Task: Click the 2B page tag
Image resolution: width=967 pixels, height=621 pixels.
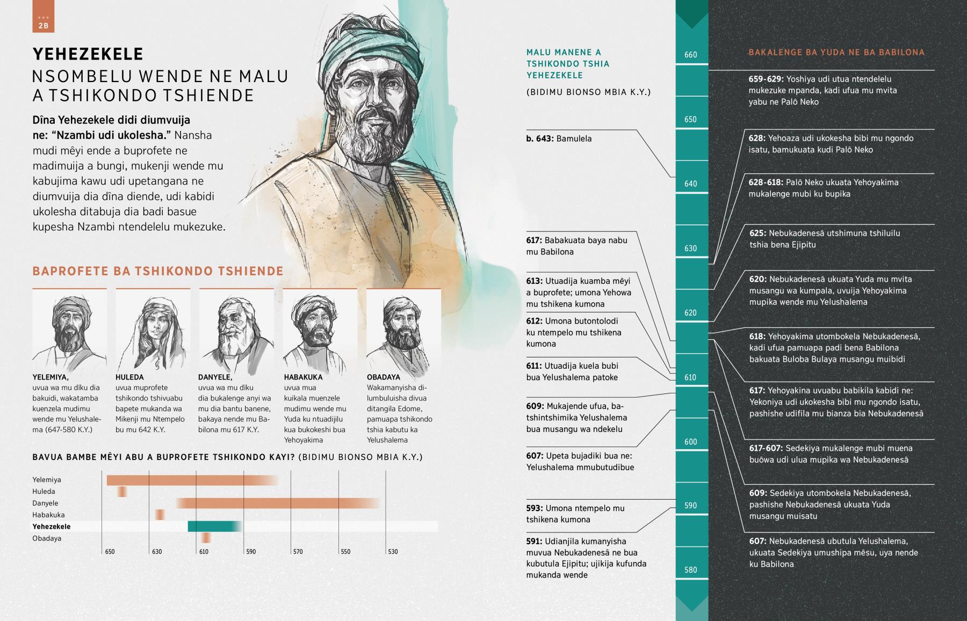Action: click(44, 25)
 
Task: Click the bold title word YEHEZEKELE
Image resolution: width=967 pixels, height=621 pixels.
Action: click(88, 54)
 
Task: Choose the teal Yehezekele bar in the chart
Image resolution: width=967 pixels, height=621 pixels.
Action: click(214, 527)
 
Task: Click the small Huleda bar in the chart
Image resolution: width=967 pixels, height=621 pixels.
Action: click(122, 492)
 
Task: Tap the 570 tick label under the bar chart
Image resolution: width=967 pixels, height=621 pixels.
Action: click(298, 552)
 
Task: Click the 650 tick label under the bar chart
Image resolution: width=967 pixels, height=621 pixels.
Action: click(110, 552)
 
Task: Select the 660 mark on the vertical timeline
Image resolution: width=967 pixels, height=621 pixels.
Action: click(691, 55)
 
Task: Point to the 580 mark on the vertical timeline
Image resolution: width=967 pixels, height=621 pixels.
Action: click(691, 570)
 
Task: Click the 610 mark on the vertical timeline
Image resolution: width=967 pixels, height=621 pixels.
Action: click(691, 377)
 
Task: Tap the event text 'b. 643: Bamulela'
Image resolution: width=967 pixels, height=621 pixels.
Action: click(559, 138)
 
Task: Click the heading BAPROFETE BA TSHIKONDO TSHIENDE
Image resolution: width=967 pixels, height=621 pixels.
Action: click(158, 271)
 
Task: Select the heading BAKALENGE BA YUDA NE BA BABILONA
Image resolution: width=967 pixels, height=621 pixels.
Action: click(836, 53)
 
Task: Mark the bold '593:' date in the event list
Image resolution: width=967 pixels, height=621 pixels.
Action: click(535, 508)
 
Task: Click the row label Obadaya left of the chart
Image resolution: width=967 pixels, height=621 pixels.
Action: click(47, 538)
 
